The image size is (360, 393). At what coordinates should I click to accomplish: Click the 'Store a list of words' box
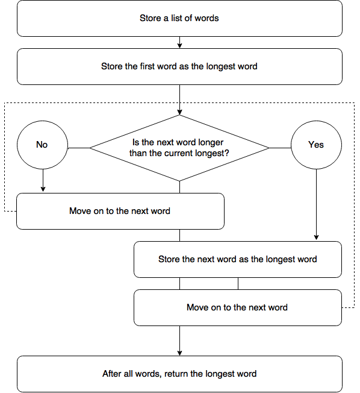pos(179,18)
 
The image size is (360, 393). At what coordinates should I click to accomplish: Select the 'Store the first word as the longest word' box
pos(179,66)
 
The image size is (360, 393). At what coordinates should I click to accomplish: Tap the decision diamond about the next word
pos(179,148)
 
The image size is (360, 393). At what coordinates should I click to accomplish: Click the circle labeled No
pos(42,145)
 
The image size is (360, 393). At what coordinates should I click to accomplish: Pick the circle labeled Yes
pos(316,145)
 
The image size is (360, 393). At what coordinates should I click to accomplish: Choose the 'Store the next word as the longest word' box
pos(238,259)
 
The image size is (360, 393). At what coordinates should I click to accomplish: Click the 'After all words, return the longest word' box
pos(179,374)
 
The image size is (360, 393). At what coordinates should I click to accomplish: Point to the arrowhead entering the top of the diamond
pos(179,112)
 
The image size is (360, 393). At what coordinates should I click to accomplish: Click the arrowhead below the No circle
pos(43,189)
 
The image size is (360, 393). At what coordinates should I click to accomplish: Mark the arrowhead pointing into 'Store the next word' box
pos(316,237)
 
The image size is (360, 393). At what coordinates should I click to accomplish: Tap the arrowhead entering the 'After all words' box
pos(179,353)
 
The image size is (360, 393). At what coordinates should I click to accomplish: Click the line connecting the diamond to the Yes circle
pos(280,148)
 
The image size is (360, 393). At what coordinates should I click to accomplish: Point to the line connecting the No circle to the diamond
pos(79,148)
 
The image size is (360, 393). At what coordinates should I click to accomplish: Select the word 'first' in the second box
pos(147,66)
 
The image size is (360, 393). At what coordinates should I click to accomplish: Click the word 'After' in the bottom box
pos(111,374)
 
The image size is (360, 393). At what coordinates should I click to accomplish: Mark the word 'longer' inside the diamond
pos(211,142)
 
